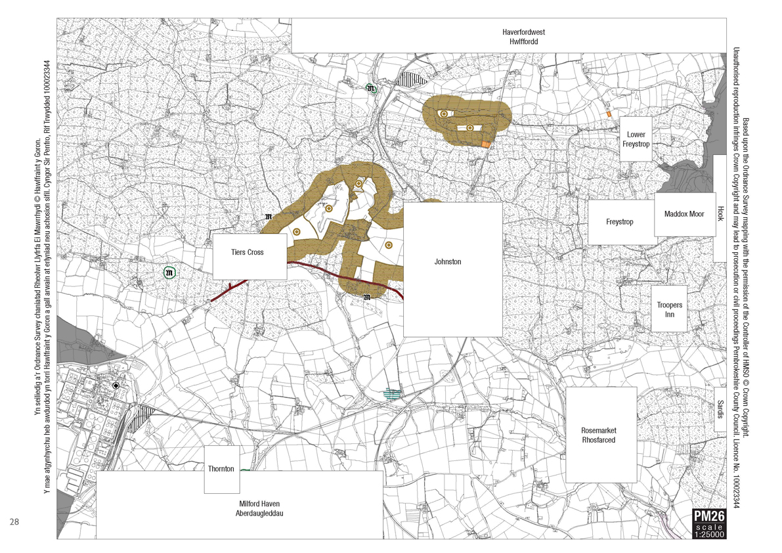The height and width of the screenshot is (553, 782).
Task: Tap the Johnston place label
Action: (x=448, y=262)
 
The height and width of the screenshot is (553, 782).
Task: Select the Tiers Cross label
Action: (x=247, y=252)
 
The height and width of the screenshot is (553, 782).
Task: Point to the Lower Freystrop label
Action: (x=636, y=139)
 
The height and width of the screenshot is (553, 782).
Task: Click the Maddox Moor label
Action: (x=684, y=214)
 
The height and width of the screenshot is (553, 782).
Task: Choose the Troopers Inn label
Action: (x=669, y=310)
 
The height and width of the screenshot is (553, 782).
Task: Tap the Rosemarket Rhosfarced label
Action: (x=598, y=435)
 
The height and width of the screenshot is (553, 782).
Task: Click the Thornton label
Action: (x=221, y=469)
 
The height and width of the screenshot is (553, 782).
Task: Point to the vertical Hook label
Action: (x=720, y=214)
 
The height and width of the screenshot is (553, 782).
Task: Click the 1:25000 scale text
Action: (x=709, y=535)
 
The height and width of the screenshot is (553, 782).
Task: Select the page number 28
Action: (x=14, y=522)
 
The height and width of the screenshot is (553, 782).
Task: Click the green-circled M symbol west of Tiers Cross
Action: (x=170, y=272)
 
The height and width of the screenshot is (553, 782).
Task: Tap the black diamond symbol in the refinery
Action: (x=116, y=386)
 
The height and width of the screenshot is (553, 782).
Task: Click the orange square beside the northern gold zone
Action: (x=486, y=144)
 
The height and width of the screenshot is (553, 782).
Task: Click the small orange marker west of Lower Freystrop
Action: (x=609, y=114)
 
